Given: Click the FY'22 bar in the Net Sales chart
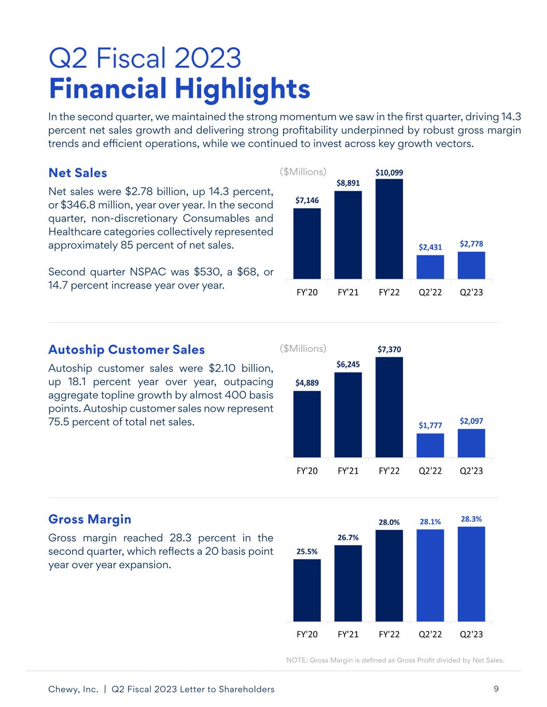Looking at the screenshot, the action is coord(389,229).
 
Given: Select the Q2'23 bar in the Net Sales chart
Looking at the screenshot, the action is coord(471,265).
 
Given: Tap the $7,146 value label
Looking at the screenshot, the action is coord(307,200).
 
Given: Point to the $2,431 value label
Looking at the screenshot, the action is coord(430,247).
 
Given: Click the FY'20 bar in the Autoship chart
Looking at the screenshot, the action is coord(307,424).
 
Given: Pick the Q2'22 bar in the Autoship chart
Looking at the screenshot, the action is coord(430,445).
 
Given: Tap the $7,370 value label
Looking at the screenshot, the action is coord(389,350).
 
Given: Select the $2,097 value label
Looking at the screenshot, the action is coord(471,421).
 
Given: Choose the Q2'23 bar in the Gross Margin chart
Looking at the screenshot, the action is coord(471,574).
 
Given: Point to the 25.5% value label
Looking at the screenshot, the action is coord(307,552).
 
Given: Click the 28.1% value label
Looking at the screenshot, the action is coord(430,522).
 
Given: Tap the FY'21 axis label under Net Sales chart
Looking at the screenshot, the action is coord(348,293).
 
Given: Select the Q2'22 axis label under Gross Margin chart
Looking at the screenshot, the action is coord(430,634).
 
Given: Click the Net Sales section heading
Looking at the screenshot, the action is coord(77,173).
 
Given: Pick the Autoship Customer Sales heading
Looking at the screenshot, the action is coord(127,350).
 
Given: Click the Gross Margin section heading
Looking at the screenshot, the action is coord(90,520).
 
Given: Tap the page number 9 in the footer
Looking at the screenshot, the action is coord(496,689).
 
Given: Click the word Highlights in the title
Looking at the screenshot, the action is coord(243,89).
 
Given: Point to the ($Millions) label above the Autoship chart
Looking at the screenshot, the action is coord(303,349).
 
